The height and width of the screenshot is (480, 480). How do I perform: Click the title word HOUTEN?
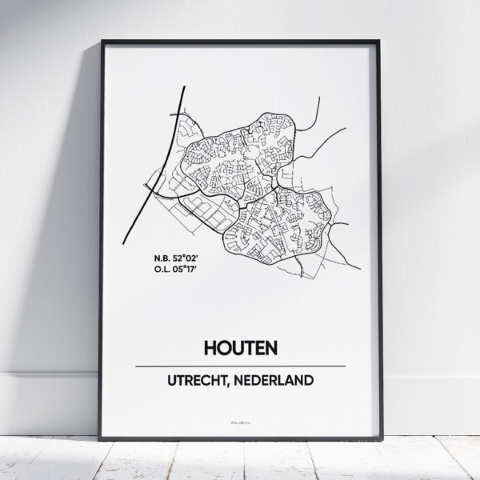coord(240,349)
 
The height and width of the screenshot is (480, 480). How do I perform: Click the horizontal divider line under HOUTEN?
coord(240,366)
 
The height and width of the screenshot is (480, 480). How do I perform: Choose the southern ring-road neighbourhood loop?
coord(280,224)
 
